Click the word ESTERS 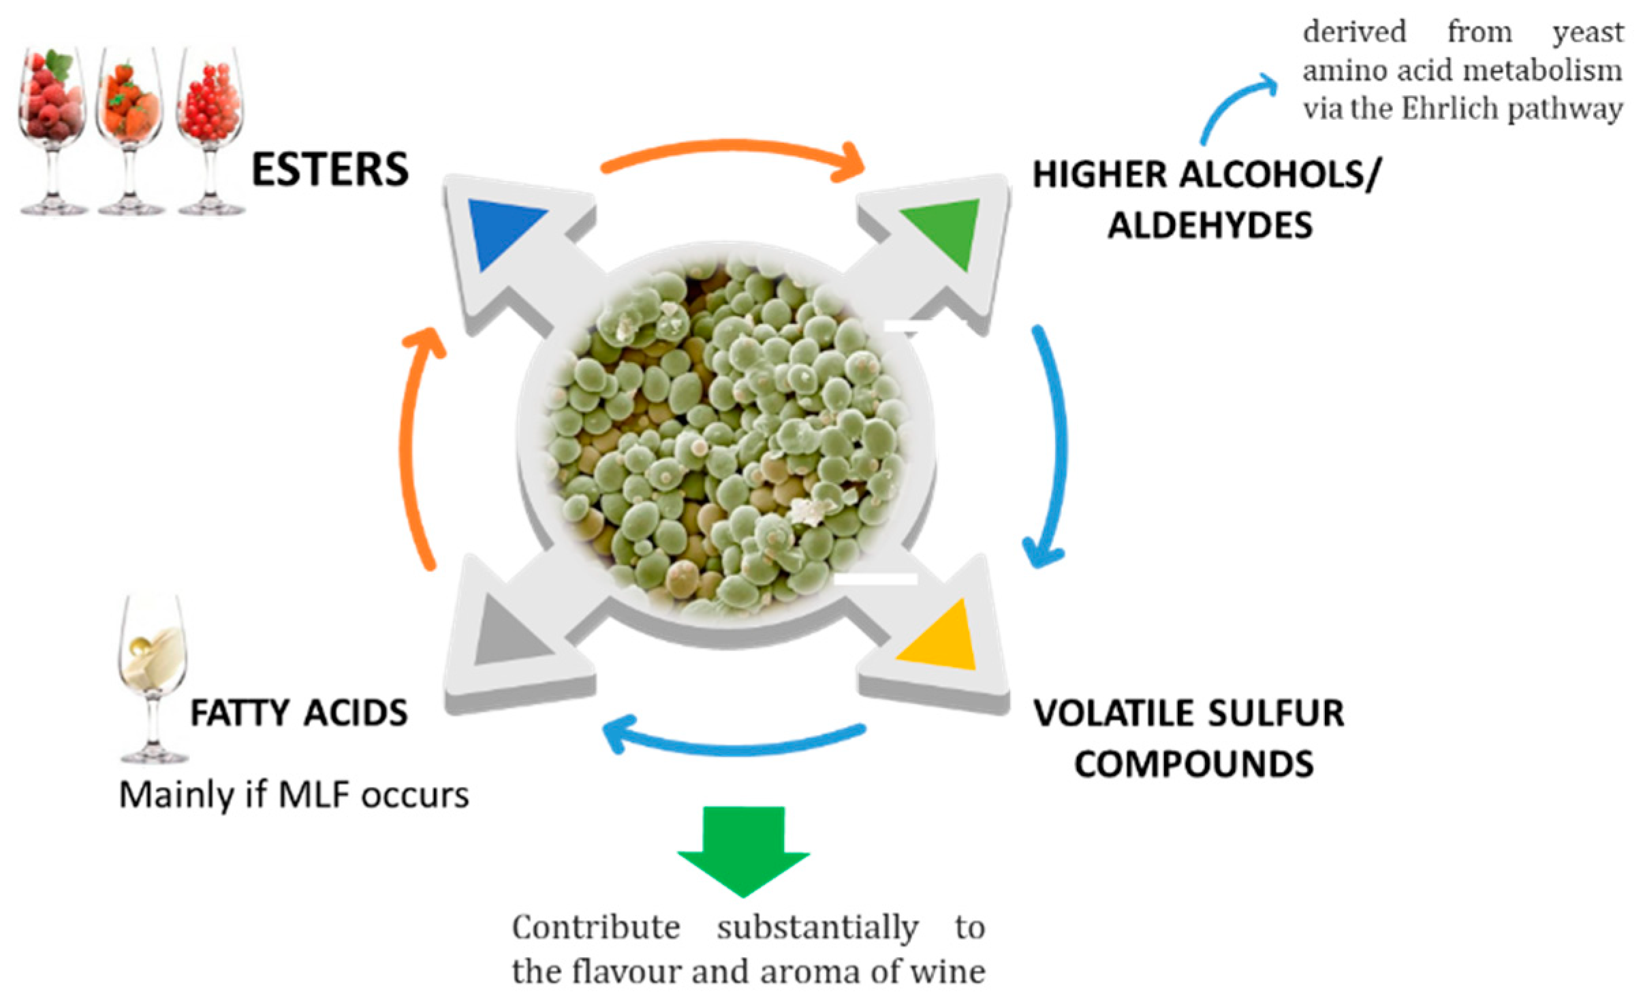click(x=330, y=169)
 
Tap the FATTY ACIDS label click(x=298, y=713)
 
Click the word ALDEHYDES click(x=1210, y=225)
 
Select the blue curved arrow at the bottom click(x=732, y=742)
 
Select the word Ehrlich click(x=1448, y=109)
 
